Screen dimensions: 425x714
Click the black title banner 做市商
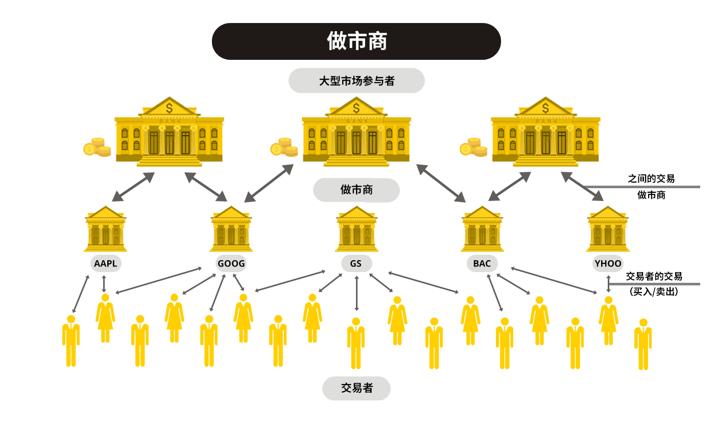pos(356,41)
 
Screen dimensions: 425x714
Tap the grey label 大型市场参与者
pos(356,81)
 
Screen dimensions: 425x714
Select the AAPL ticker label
pos(106,263)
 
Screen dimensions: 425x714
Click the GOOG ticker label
pos(231,263)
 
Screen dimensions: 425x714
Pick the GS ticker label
pos(356,263)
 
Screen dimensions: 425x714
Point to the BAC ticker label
pos(482,263)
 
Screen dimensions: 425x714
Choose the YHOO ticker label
pos(608,263)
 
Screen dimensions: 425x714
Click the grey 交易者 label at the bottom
pos(356,388)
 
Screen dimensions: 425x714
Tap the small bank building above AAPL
pos(106,230)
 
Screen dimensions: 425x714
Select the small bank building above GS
pos(356,230)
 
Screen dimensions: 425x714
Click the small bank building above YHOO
pos(608,230)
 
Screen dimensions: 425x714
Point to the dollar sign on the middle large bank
pos(356,108)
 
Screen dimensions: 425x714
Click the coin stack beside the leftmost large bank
pos(97,147)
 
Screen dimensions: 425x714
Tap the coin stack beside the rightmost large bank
pos(473,147)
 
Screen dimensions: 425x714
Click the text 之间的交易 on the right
pos(651,178)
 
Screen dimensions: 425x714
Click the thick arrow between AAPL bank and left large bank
pos(133,187)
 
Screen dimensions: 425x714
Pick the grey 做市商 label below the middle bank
pos(356,190)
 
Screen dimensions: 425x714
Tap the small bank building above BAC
pos(482,230)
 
